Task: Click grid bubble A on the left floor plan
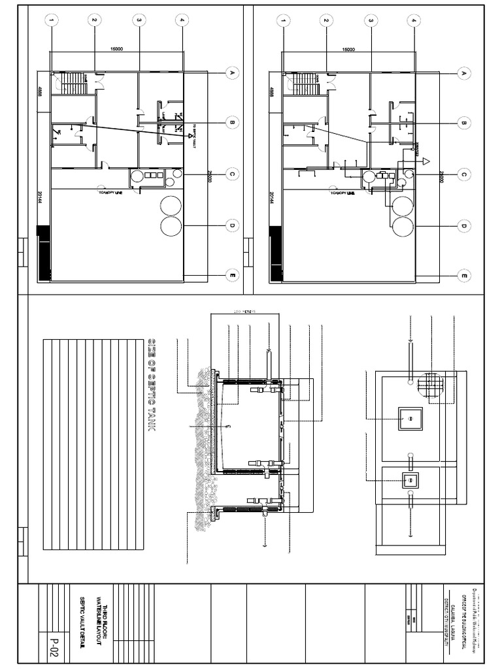click(231, 73)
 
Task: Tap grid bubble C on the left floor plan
click(231, 174)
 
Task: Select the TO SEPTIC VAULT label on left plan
click(194, 137)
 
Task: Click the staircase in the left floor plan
click(75, 84)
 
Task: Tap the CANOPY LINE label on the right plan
click(343, 193)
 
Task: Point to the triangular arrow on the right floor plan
click(425, 161)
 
